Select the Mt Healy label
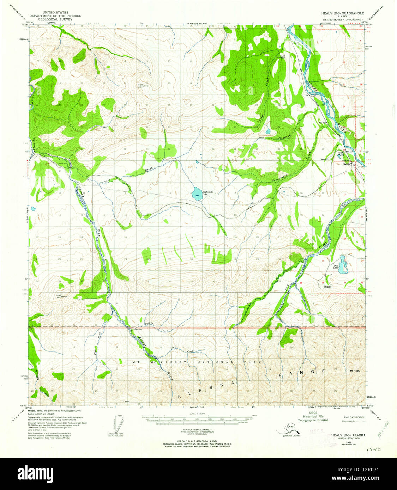pyautogui.click(x=355, y=370)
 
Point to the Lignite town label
pyautogui.click(x=347, y=164)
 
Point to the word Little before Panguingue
pyautogui.click(x=261, y=137)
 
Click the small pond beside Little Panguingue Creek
pyautogui.click(x=268, y=131)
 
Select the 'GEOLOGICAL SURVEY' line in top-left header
pyautogui.click(x=55, y=19)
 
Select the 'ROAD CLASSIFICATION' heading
pyautogui.click(x=354, y=417)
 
